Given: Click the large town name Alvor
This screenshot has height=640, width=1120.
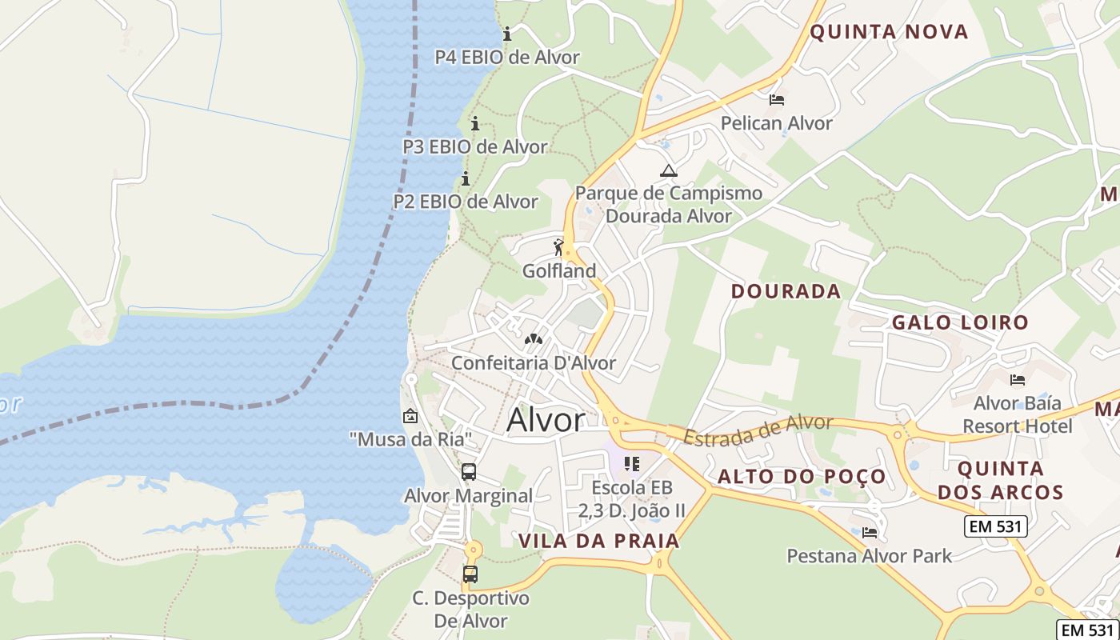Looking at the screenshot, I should [546, 420].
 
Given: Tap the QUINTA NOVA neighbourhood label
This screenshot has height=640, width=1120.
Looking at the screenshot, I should [889, 32].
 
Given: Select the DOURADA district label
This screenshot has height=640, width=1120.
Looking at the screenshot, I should [786, 291].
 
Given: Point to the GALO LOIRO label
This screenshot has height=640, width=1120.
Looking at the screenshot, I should [960, 322].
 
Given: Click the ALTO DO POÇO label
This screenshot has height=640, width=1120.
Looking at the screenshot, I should [802, 477].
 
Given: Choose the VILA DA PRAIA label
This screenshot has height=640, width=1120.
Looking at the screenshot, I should [598, 541].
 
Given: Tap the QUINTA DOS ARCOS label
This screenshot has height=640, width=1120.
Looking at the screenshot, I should [1000, 480].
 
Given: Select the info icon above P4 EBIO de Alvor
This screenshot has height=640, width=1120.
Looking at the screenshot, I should [507, 34].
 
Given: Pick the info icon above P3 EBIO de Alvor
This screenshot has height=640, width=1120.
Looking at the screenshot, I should [475, 123].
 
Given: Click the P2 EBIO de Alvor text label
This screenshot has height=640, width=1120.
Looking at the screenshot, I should [466, 202].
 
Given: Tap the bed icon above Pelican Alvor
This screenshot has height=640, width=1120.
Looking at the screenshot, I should [776, 100].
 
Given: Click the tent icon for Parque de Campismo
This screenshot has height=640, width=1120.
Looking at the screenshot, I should [668, 170].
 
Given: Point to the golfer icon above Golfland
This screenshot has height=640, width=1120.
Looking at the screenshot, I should [559, 247].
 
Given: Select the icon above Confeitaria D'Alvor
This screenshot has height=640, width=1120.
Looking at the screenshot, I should [533, 339].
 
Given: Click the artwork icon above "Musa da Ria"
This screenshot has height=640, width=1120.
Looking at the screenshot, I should [410, 415].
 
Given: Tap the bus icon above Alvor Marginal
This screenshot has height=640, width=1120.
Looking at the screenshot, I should [469, 472].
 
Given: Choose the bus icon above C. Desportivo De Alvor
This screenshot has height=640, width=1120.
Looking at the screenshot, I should [470, 574].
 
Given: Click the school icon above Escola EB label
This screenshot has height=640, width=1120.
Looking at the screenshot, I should [632, 463].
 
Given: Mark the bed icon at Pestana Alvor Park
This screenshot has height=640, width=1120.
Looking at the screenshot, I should [870, 532].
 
